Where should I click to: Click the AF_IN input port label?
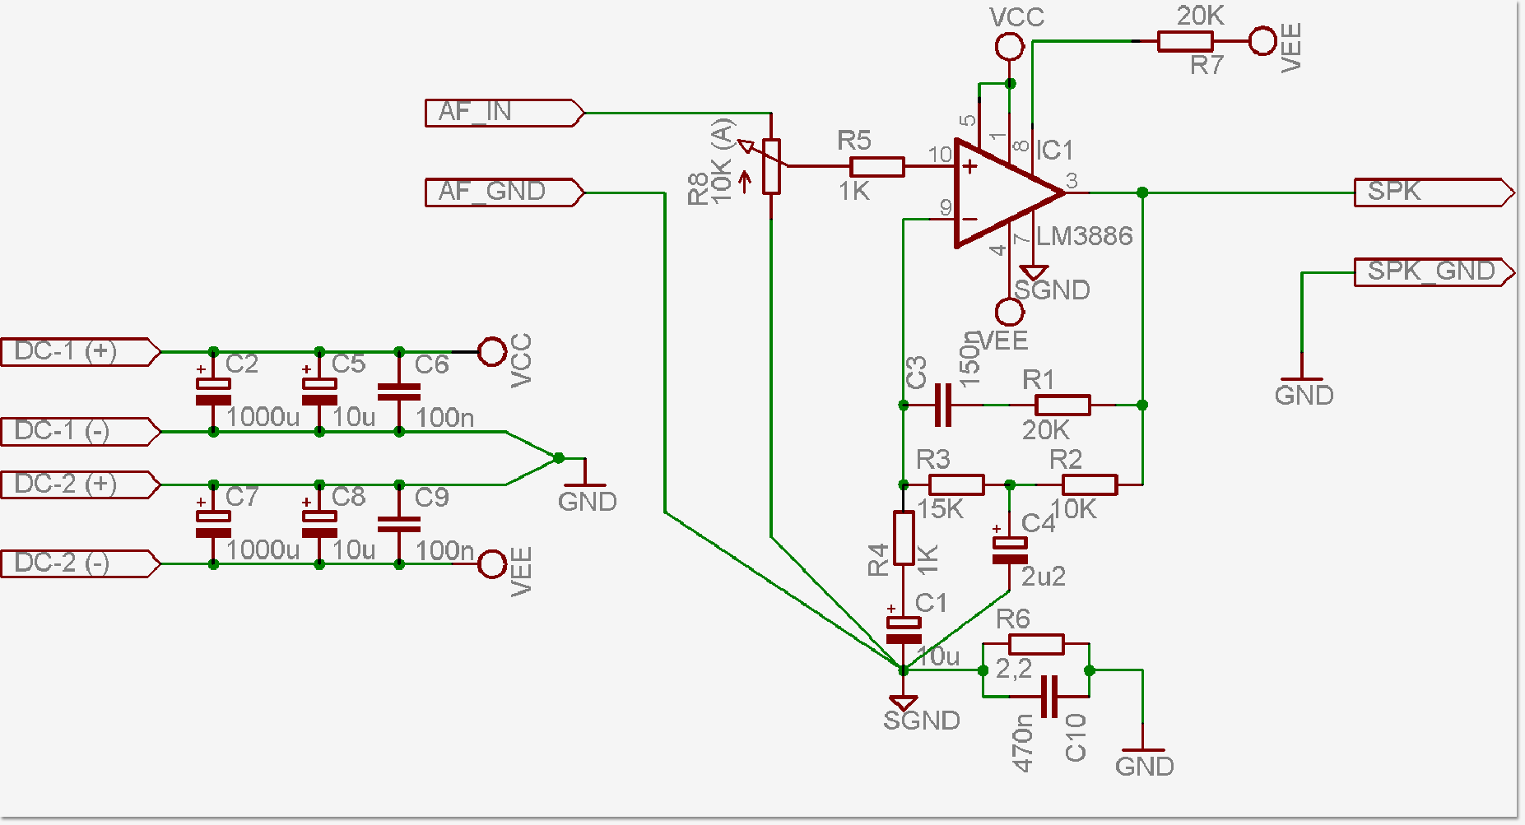(502, 113)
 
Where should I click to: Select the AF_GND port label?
(502, 192)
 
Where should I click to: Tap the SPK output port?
(1432, 192)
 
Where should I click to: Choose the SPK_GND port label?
(1432, 271)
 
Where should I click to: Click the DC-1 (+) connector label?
(78, 352)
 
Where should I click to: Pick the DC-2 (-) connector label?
(78, 564)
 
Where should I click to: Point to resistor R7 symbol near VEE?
(1184, 41)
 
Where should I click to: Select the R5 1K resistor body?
(876, 168)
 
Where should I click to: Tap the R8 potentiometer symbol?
(771, 167)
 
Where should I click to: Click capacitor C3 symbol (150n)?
(943, 405)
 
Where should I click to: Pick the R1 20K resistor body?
(1062, 405)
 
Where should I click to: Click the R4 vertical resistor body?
(904, 538)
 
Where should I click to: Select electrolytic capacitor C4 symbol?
(1010, 549)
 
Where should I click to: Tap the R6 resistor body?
(1036, 644)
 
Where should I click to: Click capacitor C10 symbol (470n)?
(1048, 697)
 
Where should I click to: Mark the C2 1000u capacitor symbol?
(213, 392)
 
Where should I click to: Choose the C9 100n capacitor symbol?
(399, 524)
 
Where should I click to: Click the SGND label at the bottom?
(922, 721)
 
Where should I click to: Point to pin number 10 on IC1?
(940, 155)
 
